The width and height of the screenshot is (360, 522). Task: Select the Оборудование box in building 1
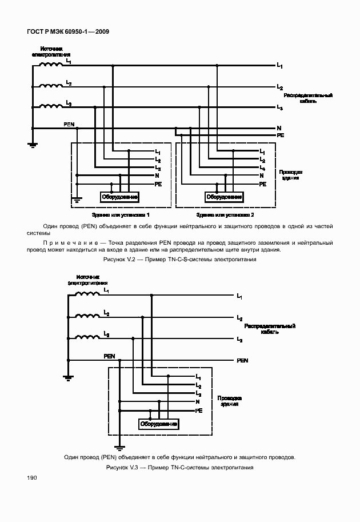[x=120, y=197]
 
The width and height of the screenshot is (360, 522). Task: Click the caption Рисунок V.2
[x=178, y=259]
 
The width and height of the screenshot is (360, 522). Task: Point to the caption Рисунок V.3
[x=179, y=467]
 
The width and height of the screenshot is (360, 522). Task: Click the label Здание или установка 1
[x=122, y=214]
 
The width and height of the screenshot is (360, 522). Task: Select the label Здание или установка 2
[x=225, y=214]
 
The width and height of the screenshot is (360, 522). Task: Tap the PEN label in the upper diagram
[x=69, y=124]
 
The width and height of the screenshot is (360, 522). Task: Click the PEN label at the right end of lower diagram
[x=242, y=361]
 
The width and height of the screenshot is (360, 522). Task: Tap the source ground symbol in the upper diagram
[x=33, y=145]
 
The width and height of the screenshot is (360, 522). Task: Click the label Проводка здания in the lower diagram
[x=227, y=400]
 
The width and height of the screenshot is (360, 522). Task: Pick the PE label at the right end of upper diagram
[x=281, y=136]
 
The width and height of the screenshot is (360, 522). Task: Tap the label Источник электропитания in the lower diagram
[x=88, y=280]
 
